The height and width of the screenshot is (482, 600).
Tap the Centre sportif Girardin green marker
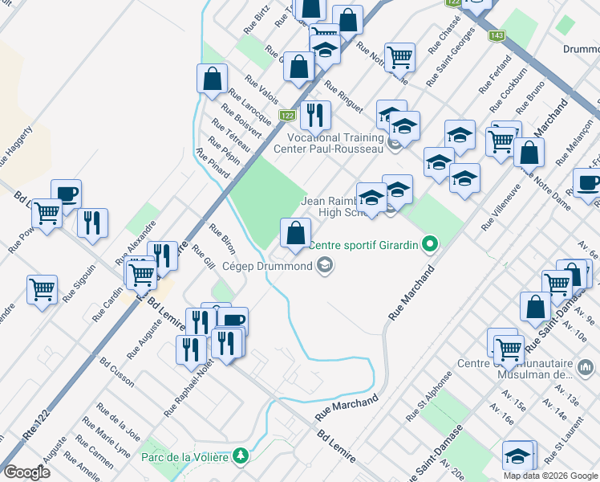point(431,244)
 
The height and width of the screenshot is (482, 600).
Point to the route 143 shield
point(497,36)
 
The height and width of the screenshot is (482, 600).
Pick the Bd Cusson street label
point(117,373)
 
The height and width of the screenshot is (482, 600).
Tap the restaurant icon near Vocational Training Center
point(315,115)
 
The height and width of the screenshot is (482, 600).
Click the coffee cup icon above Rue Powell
point(67,193)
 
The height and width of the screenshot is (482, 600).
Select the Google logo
point(27,472)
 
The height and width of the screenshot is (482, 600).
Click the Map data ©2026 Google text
point(551,476)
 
